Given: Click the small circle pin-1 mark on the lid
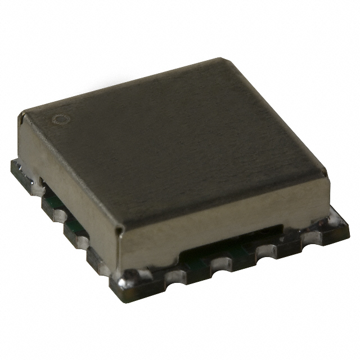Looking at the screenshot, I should [58, 119].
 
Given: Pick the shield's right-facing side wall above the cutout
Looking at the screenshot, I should [236, 208].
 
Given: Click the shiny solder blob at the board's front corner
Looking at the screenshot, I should [125, 277].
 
